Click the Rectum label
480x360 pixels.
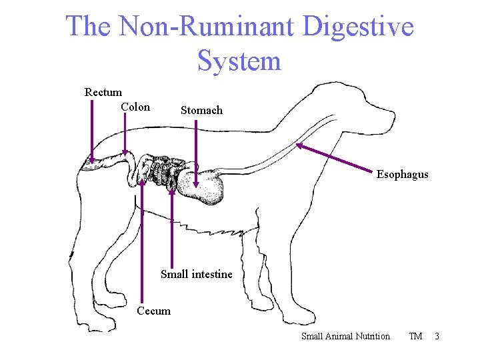(103, 93)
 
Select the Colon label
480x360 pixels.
(135, 107)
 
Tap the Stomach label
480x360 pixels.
(201, 111)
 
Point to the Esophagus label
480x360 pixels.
(402, 175)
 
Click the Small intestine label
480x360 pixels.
(197, 274)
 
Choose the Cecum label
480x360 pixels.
(153, 311)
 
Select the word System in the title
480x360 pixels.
(239, 61)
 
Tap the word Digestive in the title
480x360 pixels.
(358, 27)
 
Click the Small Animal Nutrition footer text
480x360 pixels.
(345, 336)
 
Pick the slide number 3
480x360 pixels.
(437, 336)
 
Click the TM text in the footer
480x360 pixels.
(415, 336)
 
